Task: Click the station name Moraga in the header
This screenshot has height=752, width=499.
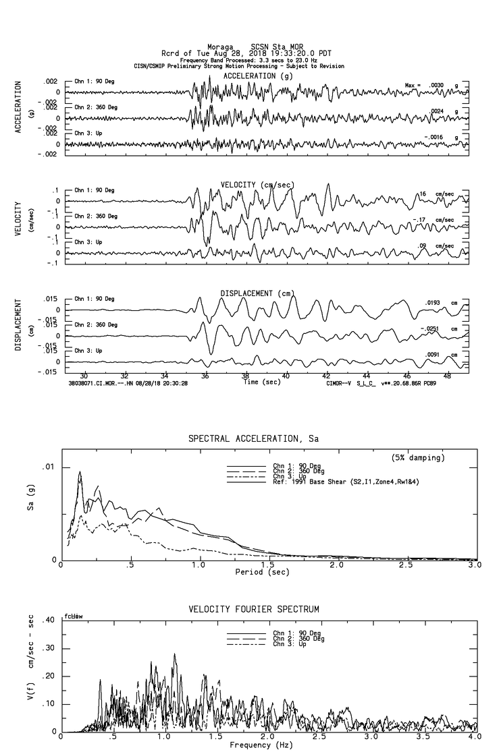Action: pyautogui.click(x=219, y=47)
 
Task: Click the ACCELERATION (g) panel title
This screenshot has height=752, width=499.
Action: pyautogui.click(x=259, y=76)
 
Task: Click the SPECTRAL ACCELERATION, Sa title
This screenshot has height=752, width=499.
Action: pyautogui.click(x=253, y=439)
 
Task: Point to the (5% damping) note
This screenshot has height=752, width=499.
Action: pyautogui.click(x=418, y=458)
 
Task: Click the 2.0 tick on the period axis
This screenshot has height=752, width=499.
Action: pyautogui.click(x=336, y=565)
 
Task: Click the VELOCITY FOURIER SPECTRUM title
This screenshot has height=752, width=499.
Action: pyautogui.click(x=253, y=610)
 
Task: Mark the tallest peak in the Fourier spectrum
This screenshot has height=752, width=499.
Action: pyautogui.click(x=175, y=654)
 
